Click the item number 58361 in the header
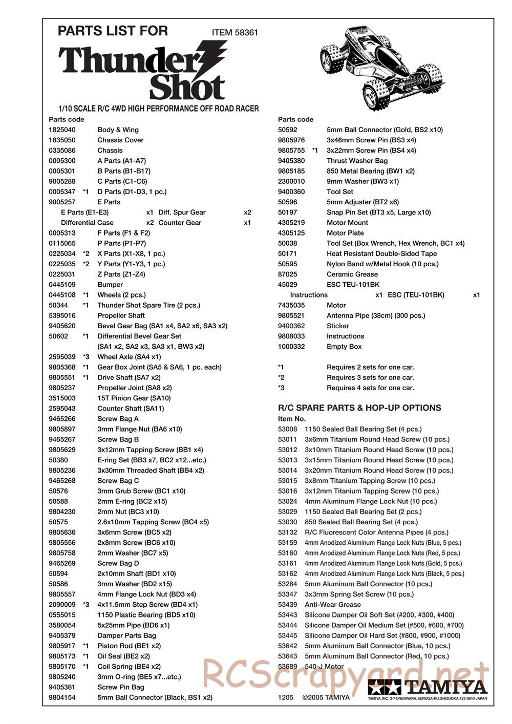[246, 32]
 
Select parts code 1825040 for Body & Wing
[62, 130]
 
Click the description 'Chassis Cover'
[120, 140]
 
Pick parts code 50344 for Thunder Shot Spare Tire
[58, 305]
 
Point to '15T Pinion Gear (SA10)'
[134, 398]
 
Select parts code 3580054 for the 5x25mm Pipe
[62, 625]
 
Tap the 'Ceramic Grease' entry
[352, 274]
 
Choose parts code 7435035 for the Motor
[291, 305]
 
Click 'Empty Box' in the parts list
[344, 346]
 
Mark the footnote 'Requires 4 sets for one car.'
[370, 388]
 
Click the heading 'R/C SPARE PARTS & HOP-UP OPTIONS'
[359, 408]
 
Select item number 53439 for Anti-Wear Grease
[287, 604]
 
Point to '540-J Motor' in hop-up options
[324, 666]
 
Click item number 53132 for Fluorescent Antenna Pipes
[287, 532]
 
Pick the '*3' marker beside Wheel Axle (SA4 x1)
[86, 356]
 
